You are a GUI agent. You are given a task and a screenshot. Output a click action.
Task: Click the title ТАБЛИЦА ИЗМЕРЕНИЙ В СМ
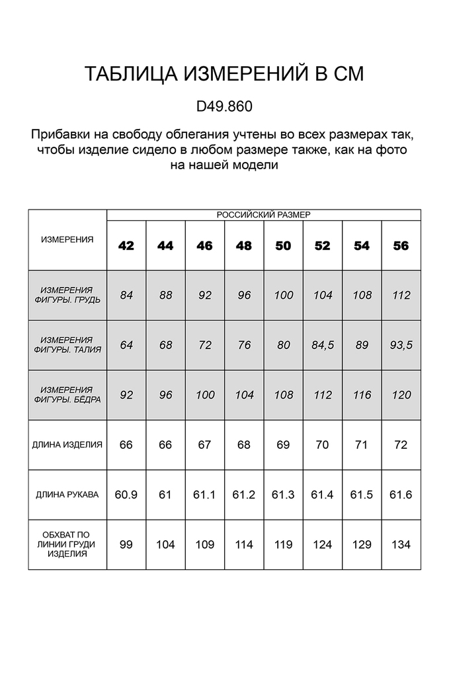tap(225, 74)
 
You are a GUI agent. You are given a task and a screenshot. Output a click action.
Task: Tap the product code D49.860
tap(225, 106)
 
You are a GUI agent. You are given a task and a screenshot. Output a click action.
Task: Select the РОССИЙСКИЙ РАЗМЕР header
tap(264, 215)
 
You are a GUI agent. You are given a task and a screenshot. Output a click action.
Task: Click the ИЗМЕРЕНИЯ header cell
tap(67, 239)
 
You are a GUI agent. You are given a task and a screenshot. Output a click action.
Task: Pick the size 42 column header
tap(126, 246)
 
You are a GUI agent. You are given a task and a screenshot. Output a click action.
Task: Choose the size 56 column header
tap(401, 246)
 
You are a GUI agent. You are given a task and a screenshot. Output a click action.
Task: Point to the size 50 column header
tap(283, 246)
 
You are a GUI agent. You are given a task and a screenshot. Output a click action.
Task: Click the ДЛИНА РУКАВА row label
tap(67, 495)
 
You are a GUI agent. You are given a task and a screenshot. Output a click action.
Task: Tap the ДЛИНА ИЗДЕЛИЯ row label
tap(67, 445)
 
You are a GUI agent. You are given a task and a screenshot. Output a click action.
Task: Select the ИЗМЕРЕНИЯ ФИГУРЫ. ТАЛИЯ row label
tap(67, 345)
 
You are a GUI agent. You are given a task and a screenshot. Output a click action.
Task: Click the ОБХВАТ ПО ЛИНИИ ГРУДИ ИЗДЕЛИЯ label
tap(67, 544)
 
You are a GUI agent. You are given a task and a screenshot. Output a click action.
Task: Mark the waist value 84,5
tap(323, 345)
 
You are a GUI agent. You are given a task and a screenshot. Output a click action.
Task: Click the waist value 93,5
tap(401, 345)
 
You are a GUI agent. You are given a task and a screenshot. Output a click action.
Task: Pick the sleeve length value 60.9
tap(126, 495)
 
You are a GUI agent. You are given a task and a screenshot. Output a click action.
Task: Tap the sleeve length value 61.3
tap(283, 495)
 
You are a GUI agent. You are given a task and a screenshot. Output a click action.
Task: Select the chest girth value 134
tap(401, 545)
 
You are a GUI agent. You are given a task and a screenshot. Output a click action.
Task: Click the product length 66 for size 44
tap(165, 445)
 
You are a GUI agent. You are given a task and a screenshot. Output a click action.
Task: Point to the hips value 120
tap(401, 395)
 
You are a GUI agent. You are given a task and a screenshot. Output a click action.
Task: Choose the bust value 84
tap(126, 296)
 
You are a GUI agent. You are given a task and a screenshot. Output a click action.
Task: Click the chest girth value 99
tap(126, 545)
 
